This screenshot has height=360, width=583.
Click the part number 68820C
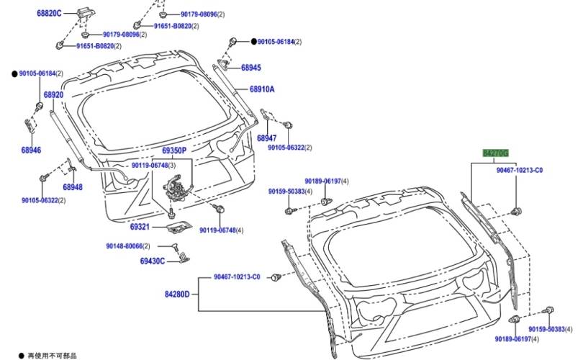pyautogui.click(x=50, y=13)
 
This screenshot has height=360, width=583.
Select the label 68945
pyautogui.click(x=250, y=68)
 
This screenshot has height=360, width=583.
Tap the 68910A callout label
pyautogui.click(x=262, y=89)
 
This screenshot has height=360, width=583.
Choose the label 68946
pyautogui.click(x=31, y=150)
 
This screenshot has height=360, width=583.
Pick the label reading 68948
pyautogui.click(x=72, y=186)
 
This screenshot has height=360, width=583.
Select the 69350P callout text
pyautogui.click(x=173, y=150)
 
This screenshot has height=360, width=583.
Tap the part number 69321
pyautogui.click(x=140, y=227)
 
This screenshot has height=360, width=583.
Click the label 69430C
pyautogui.click(x=153, y=261)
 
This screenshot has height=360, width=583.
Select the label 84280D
pyautogui.click(x=176, y=294)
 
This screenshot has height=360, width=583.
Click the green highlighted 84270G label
pyautogui.click(x=495, y=153)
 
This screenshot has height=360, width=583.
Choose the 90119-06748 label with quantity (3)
pyautogui.click(x=153, y=166)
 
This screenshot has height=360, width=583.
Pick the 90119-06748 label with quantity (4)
pyautogui.click(x=222, y=230)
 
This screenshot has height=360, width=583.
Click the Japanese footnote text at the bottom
pyautogui.click(x=52, y=355)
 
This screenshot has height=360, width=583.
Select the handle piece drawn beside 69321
pyautogui.click(x=176, y=228)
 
